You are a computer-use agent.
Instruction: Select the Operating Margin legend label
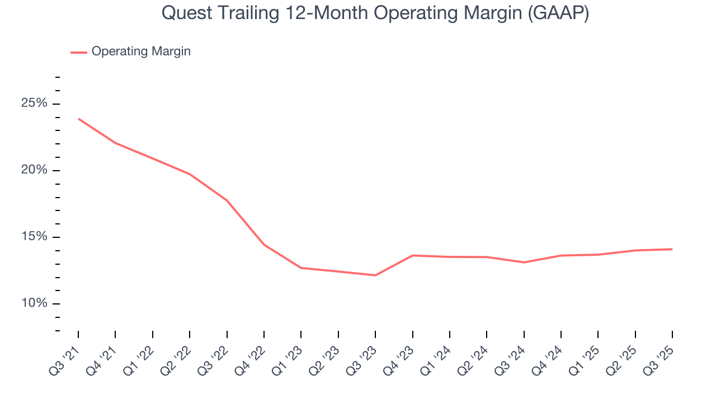[141, 51]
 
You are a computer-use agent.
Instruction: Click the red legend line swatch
[78, 52]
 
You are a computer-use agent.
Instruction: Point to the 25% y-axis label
[34, 104]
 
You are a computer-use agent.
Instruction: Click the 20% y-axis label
[34, 170]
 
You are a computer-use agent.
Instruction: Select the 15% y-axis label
[34, 237]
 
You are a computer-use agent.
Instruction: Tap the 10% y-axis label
[34, 303]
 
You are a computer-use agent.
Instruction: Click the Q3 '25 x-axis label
[661, 356]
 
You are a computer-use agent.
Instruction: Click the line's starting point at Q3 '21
[78, 119]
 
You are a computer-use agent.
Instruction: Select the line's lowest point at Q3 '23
[375, 275]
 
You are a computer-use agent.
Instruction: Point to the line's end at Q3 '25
[672, 249]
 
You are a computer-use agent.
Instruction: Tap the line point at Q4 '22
[264, 245]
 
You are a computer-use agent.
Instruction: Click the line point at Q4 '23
[412, 255]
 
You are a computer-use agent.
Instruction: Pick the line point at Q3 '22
[227, 200]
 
